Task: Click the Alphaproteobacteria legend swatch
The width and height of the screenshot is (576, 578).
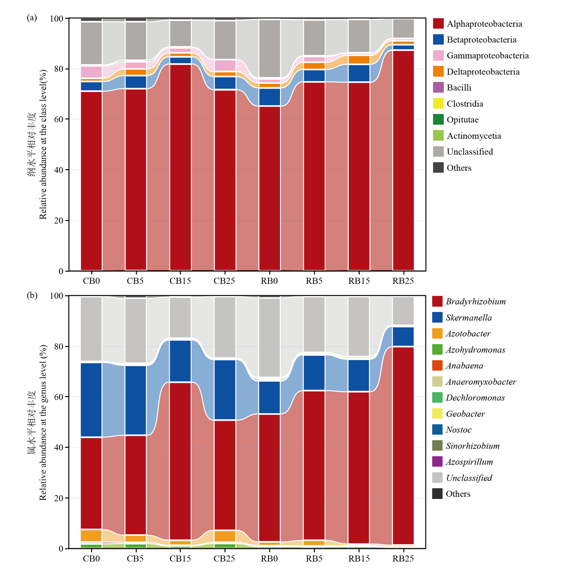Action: [x=438, y=23]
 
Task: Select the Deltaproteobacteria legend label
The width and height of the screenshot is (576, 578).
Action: [x=483, y=72]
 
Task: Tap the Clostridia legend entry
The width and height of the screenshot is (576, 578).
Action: [x=465, y=104]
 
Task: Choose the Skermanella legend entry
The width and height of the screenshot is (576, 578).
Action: [x=468, y=318]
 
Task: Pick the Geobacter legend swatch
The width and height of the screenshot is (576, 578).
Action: [x=437, y=414]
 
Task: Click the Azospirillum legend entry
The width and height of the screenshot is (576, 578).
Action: [x=469, y=462]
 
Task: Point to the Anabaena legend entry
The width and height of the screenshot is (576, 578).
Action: [x=464, y=366]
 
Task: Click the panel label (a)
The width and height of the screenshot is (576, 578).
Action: [x=32, y=18]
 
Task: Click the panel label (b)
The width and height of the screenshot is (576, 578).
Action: [x=32, y=296]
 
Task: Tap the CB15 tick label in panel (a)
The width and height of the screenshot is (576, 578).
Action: [x=180, y=281]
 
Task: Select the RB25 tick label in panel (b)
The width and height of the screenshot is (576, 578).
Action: [x=403, y=559]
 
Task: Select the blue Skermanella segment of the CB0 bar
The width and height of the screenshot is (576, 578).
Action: [x=91, y=400]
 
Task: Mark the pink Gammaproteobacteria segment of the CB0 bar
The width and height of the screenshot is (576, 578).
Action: [x=91, y=72]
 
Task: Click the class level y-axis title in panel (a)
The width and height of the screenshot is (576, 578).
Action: [x=43, y=144]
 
